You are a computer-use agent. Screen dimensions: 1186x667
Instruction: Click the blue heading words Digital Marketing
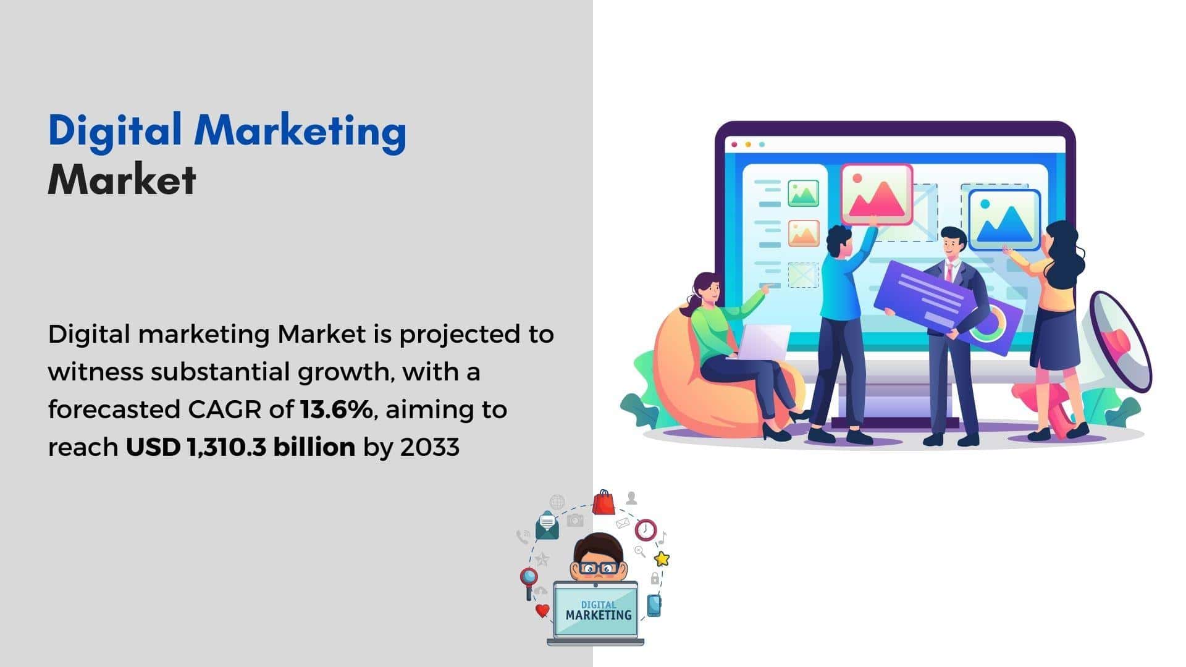[x=227, y=132]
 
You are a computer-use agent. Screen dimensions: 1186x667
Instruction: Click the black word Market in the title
[x=122, y=180]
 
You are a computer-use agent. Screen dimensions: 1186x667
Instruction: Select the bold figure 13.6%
[x=337, y=409]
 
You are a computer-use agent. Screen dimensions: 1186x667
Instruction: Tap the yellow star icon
[x=662, y=559]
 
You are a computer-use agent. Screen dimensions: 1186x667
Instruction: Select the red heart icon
[x=542, y=611]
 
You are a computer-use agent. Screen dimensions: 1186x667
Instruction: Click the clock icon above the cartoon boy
[x=646, y=529]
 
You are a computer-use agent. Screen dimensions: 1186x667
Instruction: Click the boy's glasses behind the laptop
[x=597, y=568]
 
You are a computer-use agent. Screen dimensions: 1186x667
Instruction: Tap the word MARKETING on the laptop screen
[x=599, y=615]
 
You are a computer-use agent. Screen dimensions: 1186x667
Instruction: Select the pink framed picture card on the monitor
[x=877, y=194]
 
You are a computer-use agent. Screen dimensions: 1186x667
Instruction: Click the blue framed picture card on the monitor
[x=1004, y=220]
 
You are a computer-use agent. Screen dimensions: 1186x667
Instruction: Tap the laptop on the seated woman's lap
[x=763, y=342]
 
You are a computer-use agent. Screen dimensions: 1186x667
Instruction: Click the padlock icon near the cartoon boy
[x=655, y=578]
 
